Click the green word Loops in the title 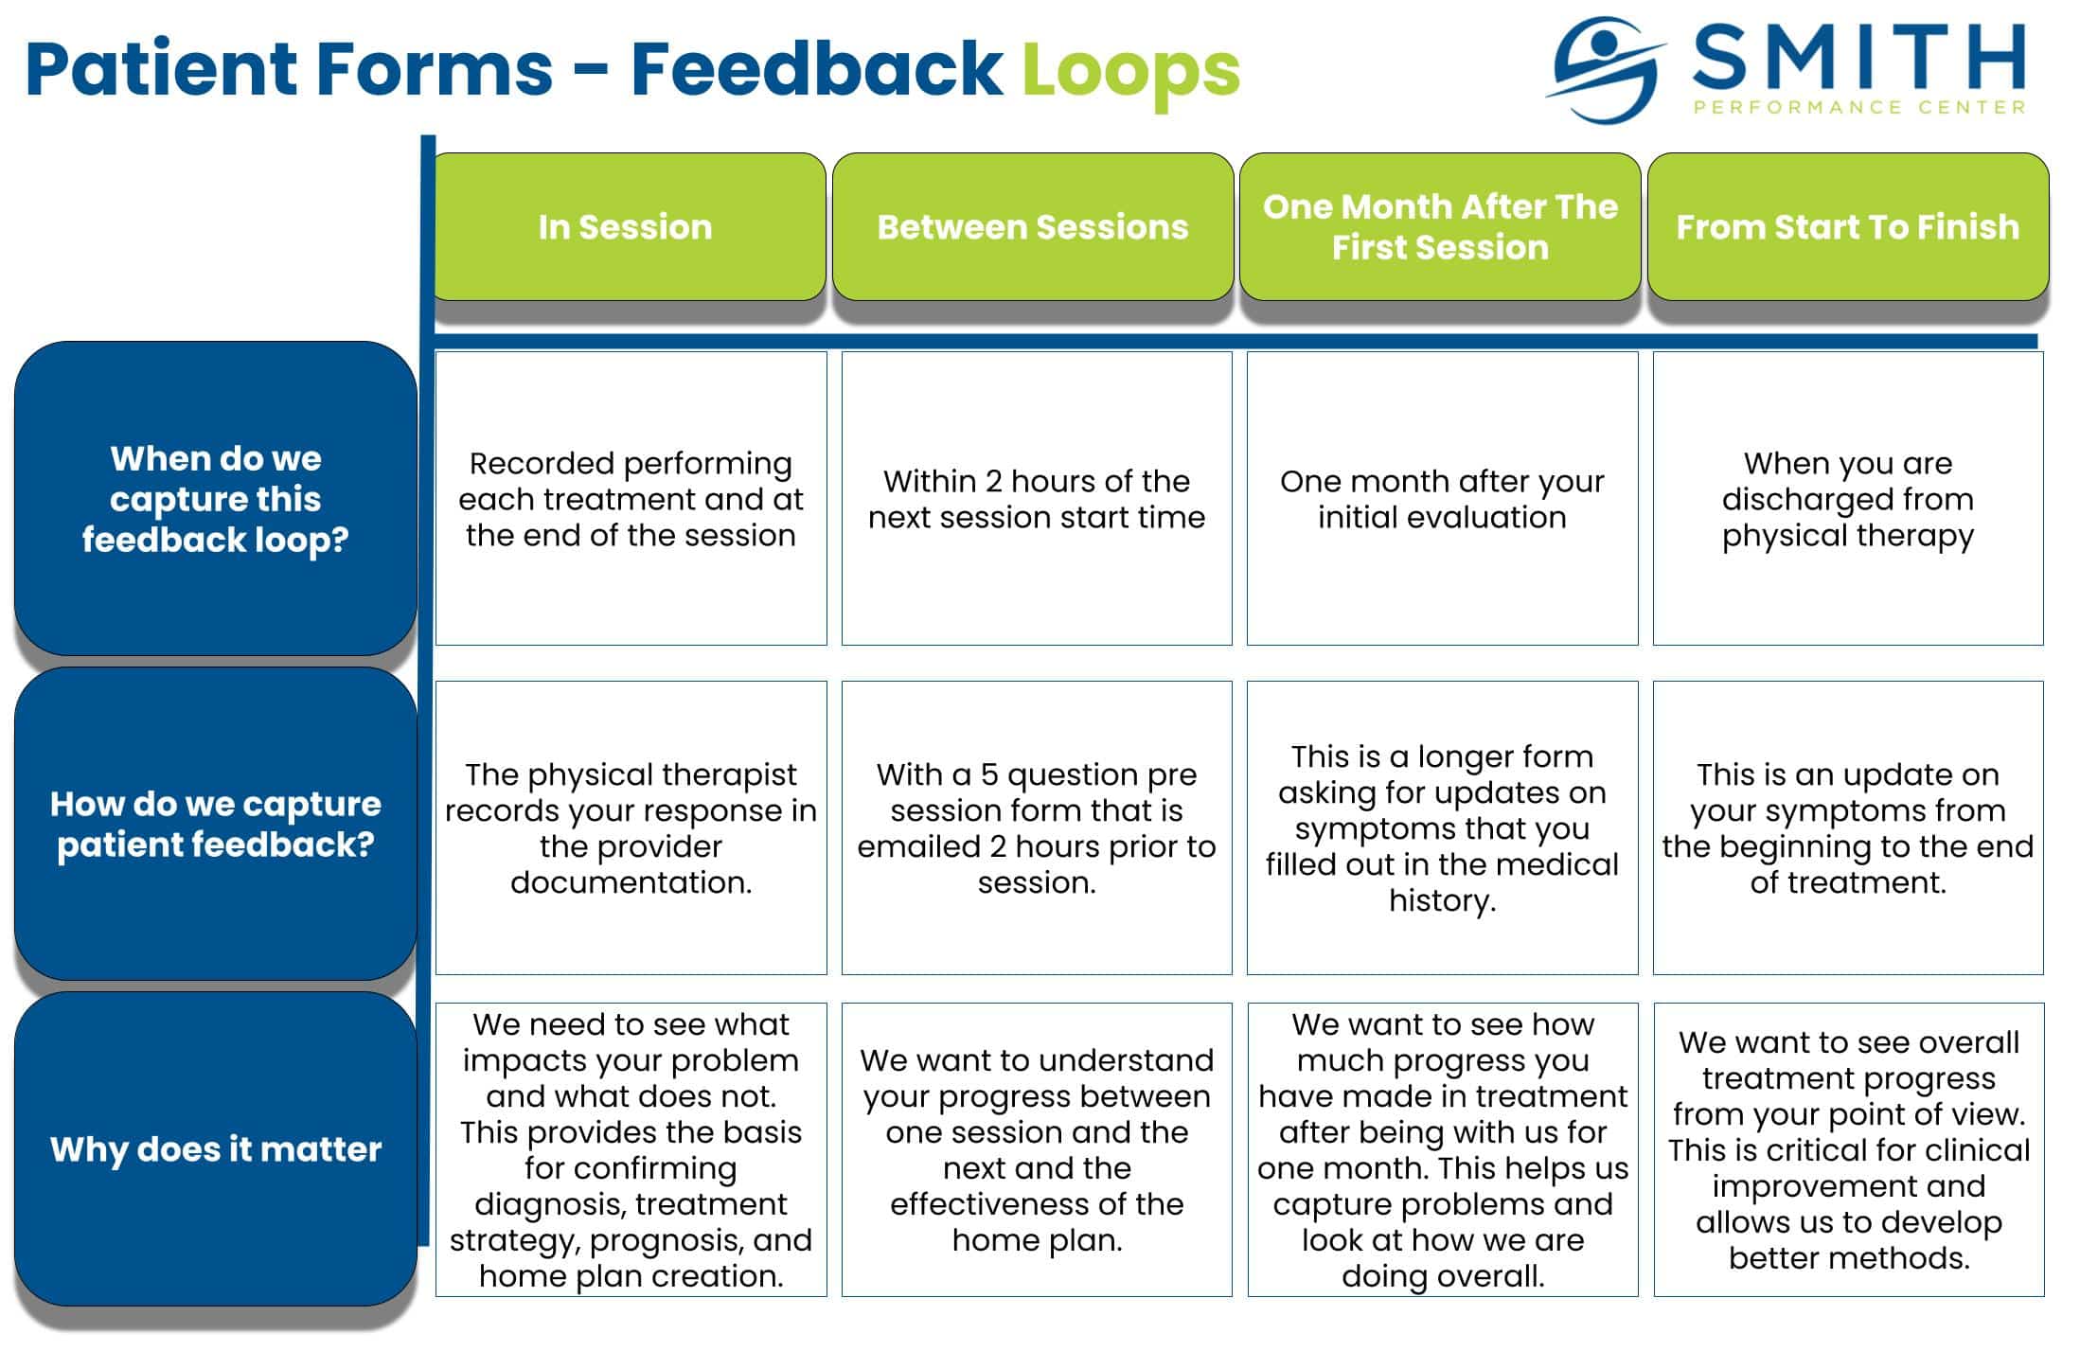pyautogui.click(x=1130, y=70)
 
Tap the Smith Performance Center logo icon pyautogui.click(x=1605, y=70)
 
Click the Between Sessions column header pyautogui.click(x=1032, y=227)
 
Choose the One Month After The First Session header pyautogui.click(x=1439, y=227)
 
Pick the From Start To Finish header pyautogui.click(x=1847, y=227)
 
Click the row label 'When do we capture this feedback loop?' pyautogui.click(x=216, y=499)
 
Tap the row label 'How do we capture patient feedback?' pyautogui.click(x=216, y=824)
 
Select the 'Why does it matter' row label pyautogui.click(x=216, y=1149)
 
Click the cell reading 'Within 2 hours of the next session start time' pyautogui.click(x=1037, y=499)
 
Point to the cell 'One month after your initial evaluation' pyautogui.click(x=1442, y=499)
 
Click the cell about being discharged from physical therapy pyautogui.click(x=1847, y=499)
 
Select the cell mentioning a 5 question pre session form pyautogui.click(x=1037, y=828)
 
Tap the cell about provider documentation pyautogui.click(x=631, y=828)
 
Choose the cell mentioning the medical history pyautogui.click(x=1442, y=828)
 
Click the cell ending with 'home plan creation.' pyautogui.click(x=631, y=1149)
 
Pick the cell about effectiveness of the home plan pyautogui.click(x=1037, y=1149)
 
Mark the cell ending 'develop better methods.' pyautogui.click(x=1848, y=1149)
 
